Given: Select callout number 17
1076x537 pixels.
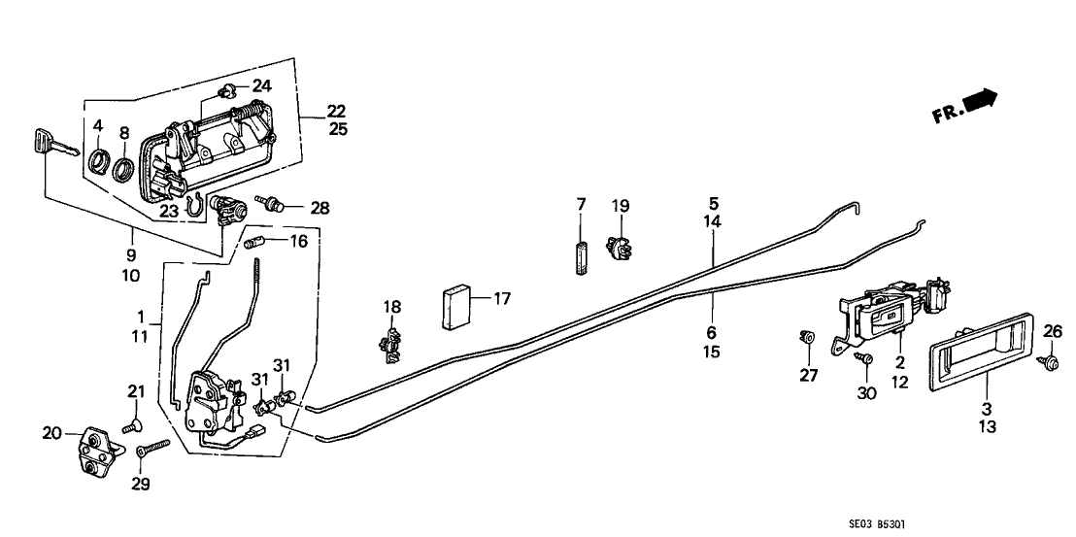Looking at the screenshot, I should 502,300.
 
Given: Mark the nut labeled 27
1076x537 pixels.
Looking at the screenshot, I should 806,339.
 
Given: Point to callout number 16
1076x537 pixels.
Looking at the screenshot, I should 299,240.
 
